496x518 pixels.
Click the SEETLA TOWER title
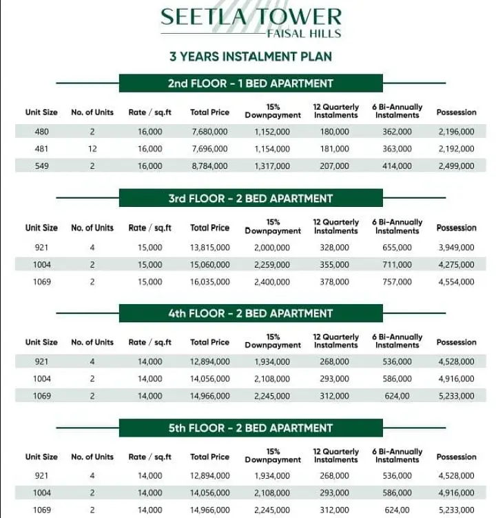tap(251, 17)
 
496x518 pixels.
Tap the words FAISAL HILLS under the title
tap(304, 33)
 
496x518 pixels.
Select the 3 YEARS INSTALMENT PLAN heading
tap(251, 57)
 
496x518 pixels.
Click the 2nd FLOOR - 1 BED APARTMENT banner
tap(251, 83)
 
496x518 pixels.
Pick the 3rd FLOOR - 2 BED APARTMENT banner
tap(251, 199)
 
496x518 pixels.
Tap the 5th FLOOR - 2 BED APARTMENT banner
tap(251, 428)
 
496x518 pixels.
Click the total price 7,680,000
tap(209, 131)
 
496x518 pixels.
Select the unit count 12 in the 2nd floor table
tap(92, 148)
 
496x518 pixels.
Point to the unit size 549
tap(42, 166)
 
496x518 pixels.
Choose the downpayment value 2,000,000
tap(272, 246)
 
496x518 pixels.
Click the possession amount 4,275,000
tap(456, 264)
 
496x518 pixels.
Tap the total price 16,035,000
tap(209, 281)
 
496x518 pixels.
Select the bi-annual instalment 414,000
tap(397, 166)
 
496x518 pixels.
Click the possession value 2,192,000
tap(456, 148)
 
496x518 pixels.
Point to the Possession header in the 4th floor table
tap(456, 342)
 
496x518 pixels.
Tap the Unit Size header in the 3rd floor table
tap(42, 228)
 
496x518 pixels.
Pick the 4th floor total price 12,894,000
tap(209, 361)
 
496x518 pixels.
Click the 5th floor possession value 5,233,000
tap(456, 510)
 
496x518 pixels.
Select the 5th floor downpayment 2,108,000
tap(272, 492)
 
